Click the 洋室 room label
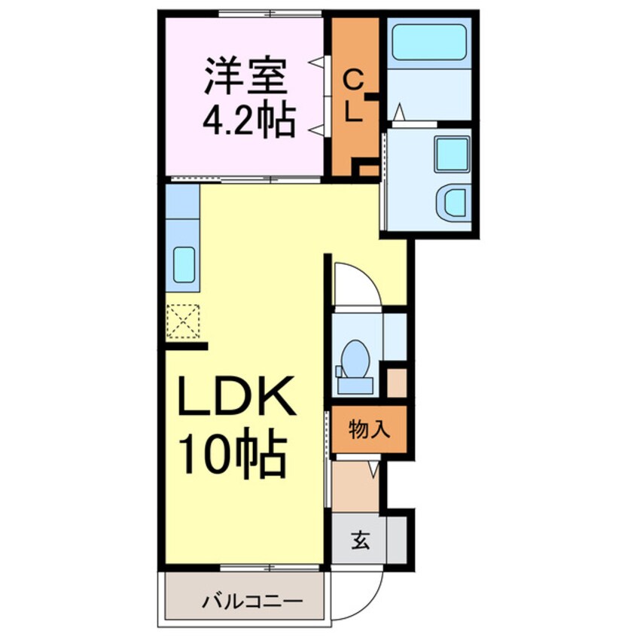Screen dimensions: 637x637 [246, 77]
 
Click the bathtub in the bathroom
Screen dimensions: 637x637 [429, 43]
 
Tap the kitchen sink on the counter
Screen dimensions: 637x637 [184, 264]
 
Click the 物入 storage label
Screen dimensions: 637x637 [369, 431]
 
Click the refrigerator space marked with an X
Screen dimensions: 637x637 [183, 319]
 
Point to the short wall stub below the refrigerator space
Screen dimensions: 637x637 [186, 346]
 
